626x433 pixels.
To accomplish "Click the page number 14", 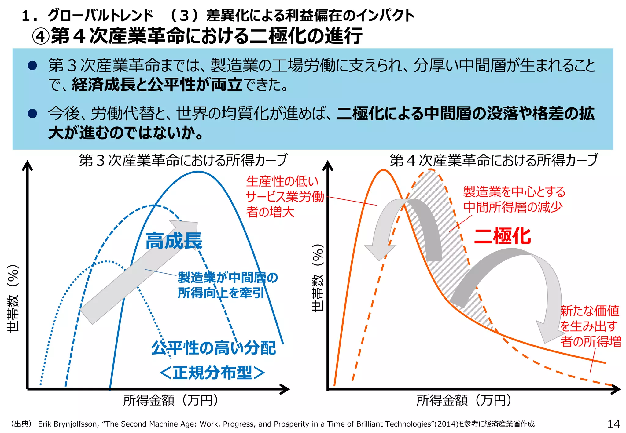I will click(613, 424).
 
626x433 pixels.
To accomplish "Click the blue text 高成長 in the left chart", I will click(173, 241).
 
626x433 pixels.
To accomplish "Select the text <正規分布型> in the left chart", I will click(212, 373).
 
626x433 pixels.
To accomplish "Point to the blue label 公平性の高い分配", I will click(213, 348).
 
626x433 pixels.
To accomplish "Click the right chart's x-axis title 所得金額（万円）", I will click(464, 400).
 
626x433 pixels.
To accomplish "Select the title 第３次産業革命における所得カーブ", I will click(183, 160).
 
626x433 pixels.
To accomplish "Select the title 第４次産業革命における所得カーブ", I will click(494, 160).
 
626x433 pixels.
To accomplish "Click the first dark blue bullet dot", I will click(32, 65).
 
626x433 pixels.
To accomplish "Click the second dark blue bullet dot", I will click(32, 114).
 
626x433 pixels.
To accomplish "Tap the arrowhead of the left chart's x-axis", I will click(285, 389).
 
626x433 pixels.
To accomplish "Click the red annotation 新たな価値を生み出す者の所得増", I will click(590, 326).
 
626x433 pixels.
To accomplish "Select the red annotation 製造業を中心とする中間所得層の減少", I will click(514, 199).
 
